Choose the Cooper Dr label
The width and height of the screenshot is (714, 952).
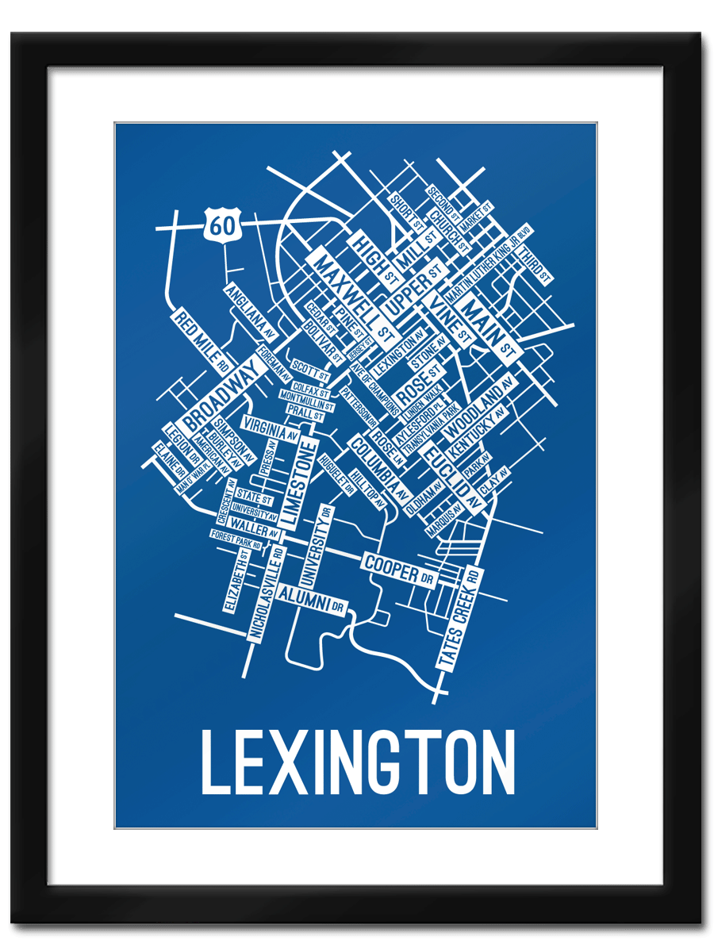click(400, 569)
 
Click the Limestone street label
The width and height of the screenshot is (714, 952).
click(298, 483)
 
